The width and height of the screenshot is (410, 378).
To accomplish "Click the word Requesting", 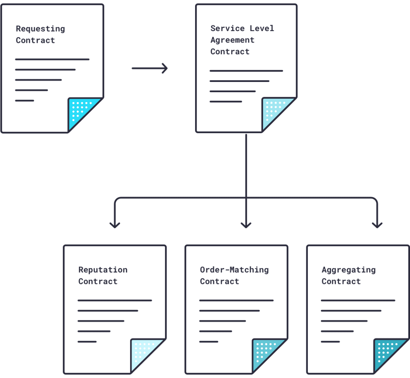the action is click(40, 29).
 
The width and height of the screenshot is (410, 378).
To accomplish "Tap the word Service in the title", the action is click(227, 28).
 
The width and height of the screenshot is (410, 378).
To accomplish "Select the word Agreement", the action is click(232, 40).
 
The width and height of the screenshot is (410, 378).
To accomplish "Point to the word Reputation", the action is click(103, 270).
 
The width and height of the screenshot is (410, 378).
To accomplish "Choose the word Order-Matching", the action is click(234, 270).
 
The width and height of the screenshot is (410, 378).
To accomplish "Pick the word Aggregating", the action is click(348, 270).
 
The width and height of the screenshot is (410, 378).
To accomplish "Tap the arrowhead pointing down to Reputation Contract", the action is click(115, 225).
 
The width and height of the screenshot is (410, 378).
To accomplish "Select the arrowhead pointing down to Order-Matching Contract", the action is click(246, 225).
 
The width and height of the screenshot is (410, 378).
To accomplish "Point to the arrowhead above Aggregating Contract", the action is click(377, 225).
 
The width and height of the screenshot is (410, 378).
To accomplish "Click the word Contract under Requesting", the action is click(35, 40).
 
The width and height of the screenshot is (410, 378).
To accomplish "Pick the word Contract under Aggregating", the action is click(341, 281).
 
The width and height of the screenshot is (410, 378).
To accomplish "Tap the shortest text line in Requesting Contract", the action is click(25, 101).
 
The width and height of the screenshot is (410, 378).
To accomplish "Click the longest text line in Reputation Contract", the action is click(115, 300).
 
